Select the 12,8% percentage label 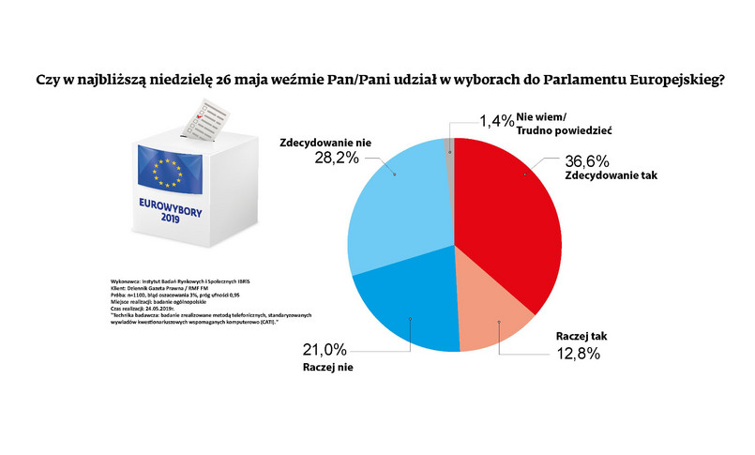(573, 353)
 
